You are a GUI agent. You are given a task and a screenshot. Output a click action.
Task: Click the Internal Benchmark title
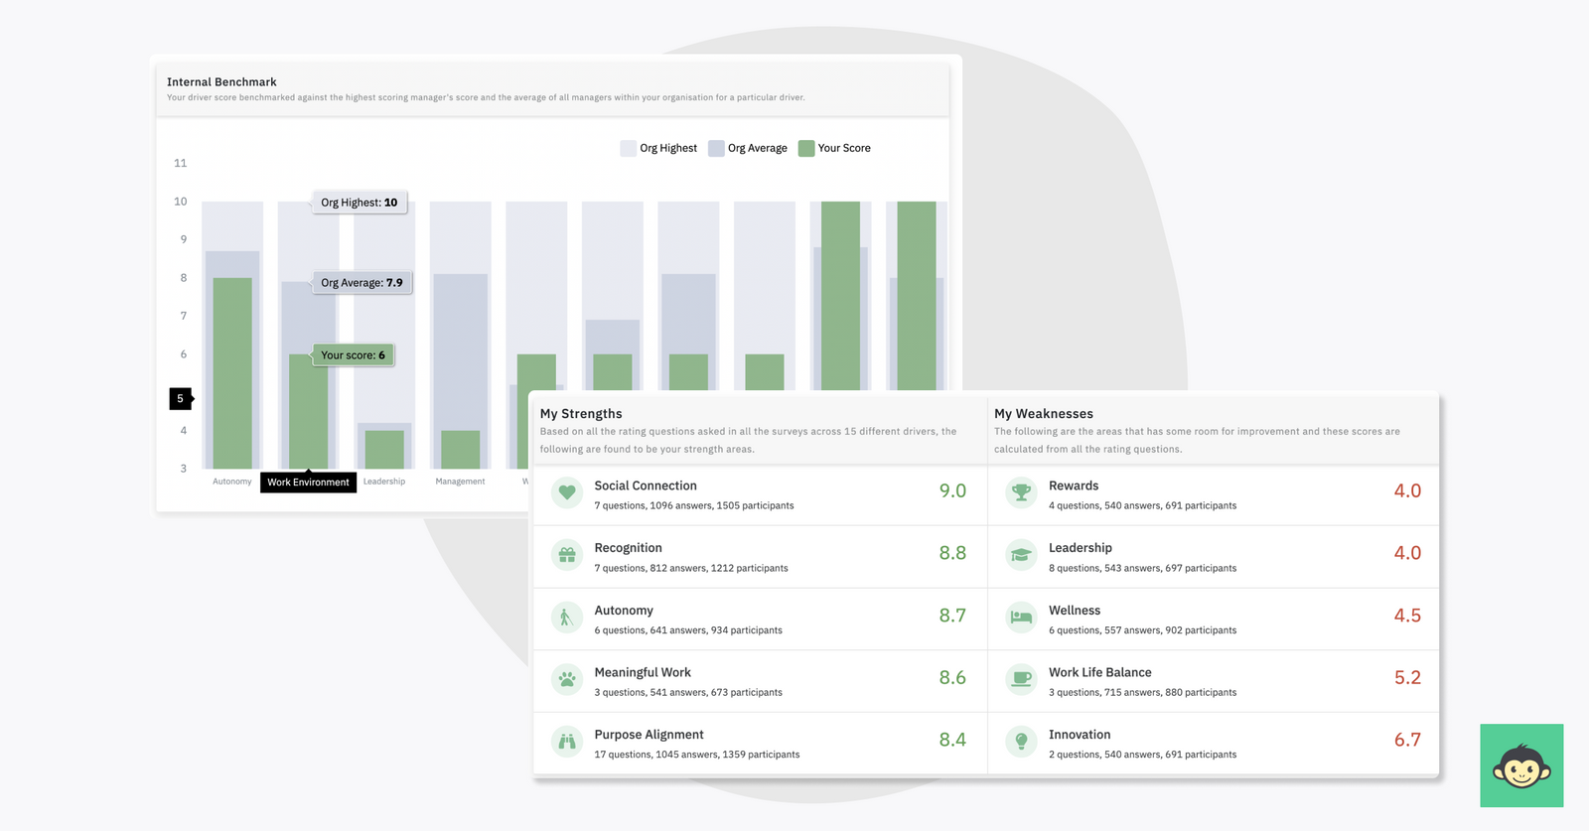pyautogui.click(x=221, y=82)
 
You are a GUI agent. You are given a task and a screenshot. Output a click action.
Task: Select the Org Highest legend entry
pyautogui.click(x=658, y=148)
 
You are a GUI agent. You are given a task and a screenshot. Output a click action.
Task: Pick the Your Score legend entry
pyautogui.click(x=834, y=148)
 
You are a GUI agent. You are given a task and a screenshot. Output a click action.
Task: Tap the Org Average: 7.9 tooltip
pyautogui.click(x=361, y=283)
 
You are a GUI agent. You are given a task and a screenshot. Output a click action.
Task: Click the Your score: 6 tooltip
pyautogui.click(x=353, y=355)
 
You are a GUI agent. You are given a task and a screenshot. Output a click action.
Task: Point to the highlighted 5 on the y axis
pyautogui.click(x=180, y=398)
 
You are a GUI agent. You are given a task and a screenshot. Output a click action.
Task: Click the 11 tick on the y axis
pyautogui.click(x=180, y=163)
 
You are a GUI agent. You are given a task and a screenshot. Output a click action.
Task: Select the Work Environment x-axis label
pyautogui.click(x=308, y=483)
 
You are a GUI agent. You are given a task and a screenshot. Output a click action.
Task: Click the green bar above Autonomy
pyautogui.click(x=232, y=372)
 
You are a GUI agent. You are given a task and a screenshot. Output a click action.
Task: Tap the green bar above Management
pyautogui.click(x=460, y=449)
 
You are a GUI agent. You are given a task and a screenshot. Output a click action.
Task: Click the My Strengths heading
pyautogui.click(x=581, y=414)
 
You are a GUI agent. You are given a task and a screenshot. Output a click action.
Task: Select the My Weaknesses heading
pyautogui.click(x=1043, y=414)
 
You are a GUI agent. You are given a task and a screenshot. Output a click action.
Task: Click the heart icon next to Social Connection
pyautogui.click(x=567, y=491)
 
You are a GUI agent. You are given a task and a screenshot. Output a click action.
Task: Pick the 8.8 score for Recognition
pyautogui.click(x=951, y=553)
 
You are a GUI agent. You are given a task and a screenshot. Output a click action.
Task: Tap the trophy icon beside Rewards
pyautogui.click(x=1021, y=491)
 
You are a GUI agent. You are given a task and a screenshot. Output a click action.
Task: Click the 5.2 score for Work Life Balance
pyautogui.click(x=1406, y=678)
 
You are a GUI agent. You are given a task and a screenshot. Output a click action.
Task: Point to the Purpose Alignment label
pyautogui.click(x=649, y=735)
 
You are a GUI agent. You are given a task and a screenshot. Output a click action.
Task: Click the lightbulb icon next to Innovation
pyautogui.click(x=1021, y=741)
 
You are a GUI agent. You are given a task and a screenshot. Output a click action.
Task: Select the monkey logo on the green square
pyautogui.click(x=1520, y=766)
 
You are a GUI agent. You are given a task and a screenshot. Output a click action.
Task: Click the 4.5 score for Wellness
pyautogui.click(x=1406, y=616)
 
